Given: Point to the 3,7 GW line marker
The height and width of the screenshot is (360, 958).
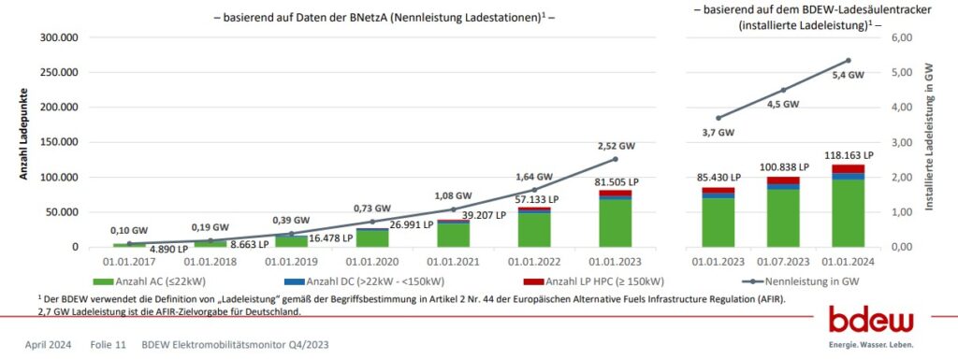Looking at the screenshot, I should (718, 118).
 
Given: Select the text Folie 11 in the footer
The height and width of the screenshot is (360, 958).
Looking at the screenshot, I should (108, 344).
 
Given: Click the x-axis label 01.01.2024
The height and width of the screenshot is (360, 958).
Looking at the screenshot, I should (848, 264).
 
